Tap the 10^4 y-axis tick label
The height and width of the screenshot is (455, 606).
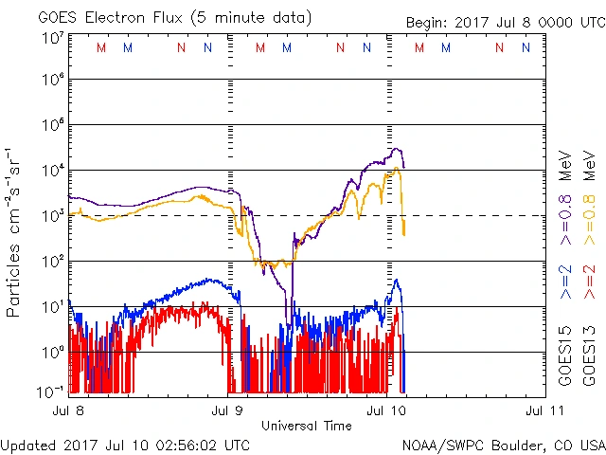click(x=53, y=171)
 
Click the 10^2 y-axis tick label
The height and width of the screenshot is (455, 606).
click(x=53, y=261)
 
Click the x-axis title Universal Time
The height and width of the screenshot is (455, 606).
click(x=306, y=426)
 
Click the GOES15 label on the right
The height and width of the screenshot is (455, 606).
click(x=565, y=356)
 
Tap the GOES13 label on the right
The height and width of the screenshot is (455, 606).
click(x=589, y=356)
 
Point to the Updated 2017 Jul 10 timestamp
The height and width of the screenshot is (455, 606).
click(x=126, y=445)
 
